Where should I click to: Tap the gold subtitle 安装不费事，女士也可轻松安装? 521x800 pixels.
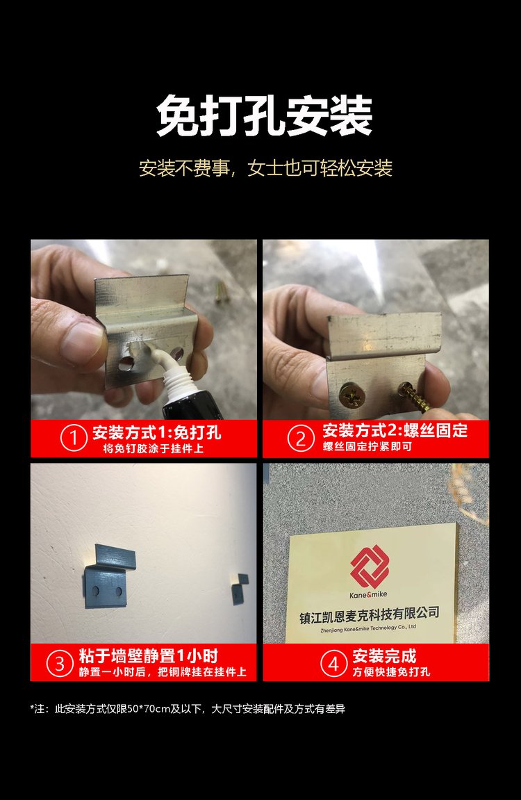(265, 168)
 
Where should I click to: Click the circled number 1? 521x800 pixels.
(74, 439)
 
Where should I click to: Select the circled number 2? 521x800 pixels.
(300, 439)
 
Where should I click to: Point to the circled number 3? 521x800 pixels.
(60, 663)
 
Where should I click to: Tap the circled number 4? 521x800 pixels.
(333, 663)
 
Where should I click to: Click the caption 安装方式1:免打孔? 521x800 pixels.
(156, 432)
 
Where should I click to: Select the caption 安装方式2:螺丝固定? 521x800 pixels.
(395, 431)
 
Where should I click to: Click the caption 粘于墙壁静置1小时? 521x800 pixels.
(149, 655)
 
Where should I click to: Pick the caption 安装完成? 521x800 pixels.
(384, 655)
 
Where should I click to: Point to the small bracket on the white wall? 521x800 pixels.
(240, 589)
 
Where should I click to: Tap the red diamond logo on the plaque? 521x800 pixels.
(370, 566)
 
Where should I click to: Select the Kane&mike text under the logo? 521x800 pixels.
(368, 594)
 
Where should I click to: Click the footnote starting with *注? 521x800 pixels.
(188, 709)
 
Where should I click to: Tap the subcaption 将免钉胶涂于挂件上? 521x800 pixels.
(154, 449)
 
